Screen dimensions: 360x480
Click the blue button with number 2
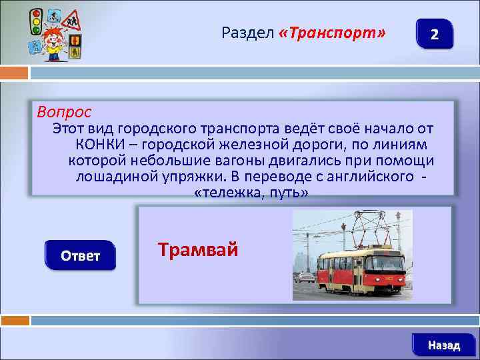(434, 34)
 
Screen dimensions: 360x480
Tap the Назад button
(443, 345)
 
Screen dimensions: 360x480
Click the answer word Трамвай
(197, 249)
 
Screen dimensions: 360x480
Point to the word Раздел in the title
(247, 33)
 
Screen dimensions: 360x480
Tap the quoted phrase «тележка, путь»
(250, 193)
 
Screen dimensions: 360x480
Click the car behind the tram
(305, 277)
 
